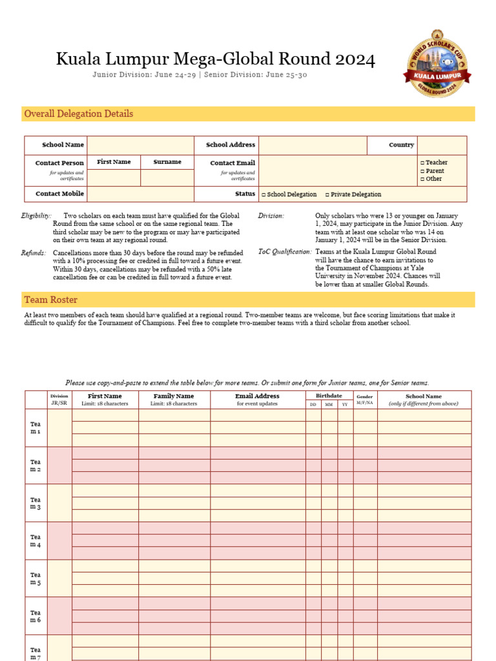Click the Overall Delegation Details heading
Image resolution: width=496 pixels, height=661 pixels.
[78, 114]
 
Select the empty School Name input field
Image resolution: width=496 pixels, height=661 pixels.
[140, 145]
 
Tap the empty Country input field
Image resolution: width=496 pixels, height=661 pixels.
[442, 145]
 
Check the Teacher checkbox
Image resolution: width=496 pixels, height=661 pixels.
[422, 163]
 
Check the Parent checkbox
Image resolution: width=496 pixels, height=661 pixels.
[422, 171]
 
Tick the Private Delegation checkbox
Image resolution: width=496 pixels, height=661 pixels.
[327, 194]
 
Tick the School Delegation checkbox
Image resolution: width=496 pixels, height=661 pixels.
[263, 194]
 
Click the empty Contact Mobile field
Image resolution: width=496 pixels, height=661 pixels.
[140, 194]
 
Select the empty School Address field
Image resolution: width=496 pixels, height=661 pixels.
[313, 145]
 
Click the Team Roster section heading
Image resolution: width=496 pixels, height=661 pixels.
[50, 300]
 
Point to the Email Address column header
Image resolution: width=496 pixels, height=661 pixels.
[257, 396]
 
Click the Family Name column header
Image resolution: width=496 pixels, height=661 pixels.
[174, 396]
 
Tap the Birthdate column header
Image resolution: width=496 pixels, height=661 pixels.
[329, 396]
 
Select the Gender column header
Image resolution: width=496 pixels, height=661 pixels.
[365, 396]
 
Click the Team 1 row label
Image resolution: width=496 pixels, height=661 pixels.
[36, 427]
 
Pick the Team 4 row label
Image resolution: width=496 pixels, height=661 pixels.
[36, 541]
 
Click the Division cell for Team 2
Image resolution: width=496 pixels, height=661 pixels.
[59, 465]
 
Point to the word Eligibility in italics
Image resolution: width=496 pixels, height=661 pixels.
[36, 216]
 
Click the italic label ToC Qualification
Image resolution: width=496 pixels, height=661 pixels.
[285, 252]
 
